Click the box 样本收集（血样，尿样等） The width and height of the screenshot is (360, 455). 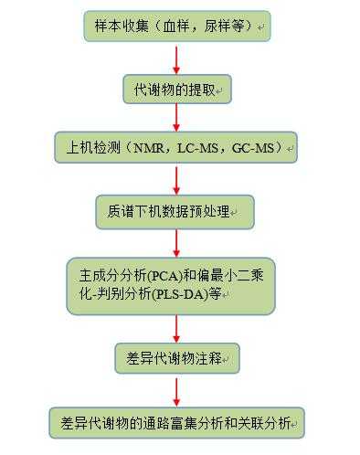pyautogui.click(x=176, y=26)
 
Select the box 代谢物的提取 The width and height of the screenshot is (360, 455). pyautogui.click(x=176, y=89)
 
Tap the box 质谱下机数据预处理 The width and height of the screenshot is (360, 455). pyautogui.click(x=174, y=212)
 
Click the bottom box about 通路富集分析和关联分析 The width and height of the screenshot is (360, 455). pyautogui.click(x=176, y=423)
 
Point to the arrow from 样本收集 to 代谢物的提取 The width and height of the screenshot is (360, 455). pyautogui.click(x=176, y=58)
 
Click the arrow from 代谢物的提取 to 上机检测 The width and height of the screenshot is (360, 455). pyautogui.click(x=176, y=119)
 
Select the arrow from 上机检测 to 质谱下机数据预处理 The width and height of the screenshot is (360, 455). pyautogui.click(x=176, y=180)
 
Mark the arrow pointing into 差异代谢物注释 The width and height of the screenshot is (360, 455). pyautogui.click(x=176, y=329)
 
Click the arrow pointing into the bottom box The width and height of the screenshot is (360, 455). pyautogui.click(x=176, y=391)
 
